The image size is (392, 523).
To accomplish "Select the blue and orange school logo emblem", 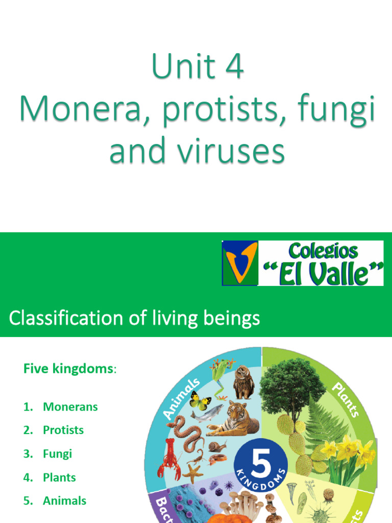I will point(239,263).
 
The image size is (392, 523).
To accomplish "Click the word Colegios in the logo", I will point(323,251).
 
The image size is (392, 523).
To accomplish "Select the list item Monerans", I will point(70,407).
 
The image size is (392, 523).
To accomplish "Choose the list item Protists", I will point(63,430).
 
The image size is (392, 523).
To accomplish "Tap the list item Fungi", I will point(57,454).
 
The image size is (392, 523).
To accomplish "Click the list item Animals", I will point(64,501).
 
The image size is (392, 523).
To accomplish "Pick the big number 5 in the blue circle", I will point(261,453).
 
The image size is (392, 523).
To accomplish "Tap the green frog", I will point(222,376).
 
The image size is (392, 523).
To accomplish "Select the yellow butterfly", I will point(200,400).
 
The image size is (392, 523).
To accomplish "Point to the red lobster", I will point(169,459).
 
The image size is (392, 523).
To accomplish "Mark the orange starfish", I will point(192,472).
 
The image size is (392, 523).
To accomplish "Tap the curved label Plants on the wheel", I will point(347,399).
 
